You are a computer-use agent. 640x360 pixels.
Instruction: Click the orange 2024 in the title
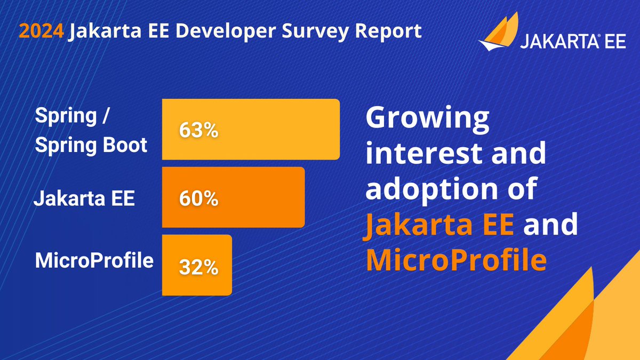click(x=42, y=31)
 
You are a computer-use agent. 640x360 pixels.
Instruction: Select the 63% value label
click(x=198, y=131)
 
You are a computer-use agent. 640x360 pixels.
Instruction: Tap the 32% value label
click(x=198, y=267)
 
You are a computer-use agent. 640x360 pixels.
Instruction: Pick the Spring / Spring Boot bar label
click(x=91, y=130)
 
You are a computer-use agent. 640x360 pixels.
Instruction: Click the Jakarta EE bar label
click(x=84, y=199)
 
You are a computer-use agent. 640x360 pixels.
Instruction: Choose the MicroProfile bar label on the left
click(x=94, y=261)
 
